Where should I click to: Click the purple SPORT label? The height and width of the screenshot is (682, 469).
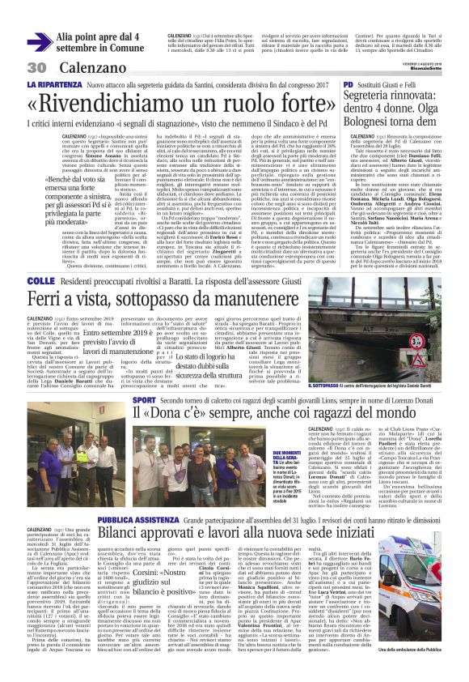tap(144, 400)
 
